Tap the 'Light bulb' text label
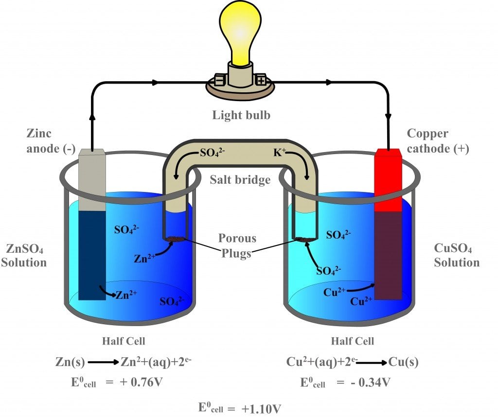[241, 115]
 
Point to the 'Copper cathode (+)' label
[438, 141]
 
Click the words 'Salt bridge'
[240, 180]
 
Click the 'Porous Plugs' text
[237, 246]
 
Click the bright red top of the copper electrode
[388, 180]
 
